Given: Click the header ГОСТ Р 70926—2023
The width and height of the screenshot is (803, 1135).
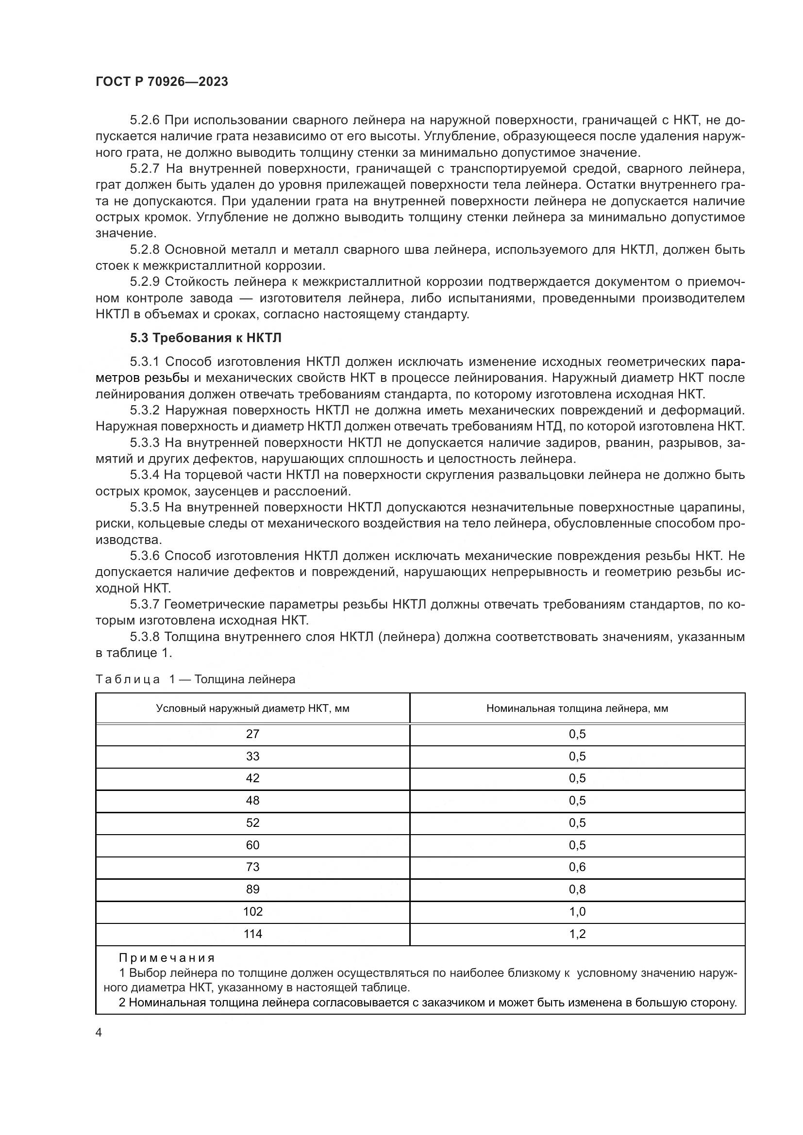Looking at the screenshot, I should pyautogui.click(x=162, y=82).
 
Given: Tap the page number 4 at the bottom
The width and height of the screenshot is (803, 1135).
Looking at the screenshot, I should pyautogui.click(x=99, y=1033).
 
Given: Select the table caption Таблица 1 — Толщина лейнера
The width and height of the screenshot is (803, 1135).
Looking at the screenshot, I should pyautogui.click(x=195, y=679).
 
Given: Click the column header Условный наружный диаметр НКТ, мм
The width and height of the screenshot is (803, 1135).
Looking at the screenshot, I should pyautogui.click(x=252, y=708).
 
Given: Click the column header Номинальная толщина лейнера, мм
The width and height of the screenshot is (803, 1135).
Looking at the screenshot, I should pyautogui.click(x=577, y=708).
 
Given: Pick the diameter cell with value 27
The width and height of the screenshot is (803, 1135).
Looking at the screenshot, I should pyautogui.click(x=252, y=734).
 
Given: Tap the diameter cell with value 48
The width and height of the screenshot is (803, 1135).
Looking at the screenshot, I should pyautogui.click(x=252, y=800).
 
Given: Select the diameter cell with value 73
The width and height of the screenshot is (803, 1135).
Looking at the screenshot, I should pyautogui.click(x=252, y=867).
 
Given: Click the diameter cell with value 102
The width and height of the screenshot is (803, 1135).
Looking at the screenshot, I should pyautogui.click(x=252, y=912).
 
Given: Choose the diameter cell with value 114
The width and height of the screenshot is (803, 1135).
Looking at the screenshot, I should pyautogui.click(x=252, y=934).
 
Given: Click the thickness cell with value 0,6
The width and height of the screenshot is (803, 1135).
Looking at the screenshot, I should pyautogui.click(x=577, y=867).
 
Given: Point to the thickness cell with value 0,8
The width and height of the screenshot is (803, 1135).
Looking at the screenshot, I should pyautogui.click(x=577, y=889).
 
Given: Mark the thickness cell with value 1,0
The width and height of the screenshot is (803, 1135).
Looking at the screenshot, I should pyautogui.click(x=577, y=912).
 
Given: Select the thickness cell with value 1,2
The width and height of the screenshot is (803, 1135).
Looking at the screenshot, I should pyautogui.click(x=577, y=934).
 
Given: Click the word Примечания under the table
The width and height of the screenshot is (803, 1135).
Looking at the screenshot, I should pyautogui.click(x=167, y=958).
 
